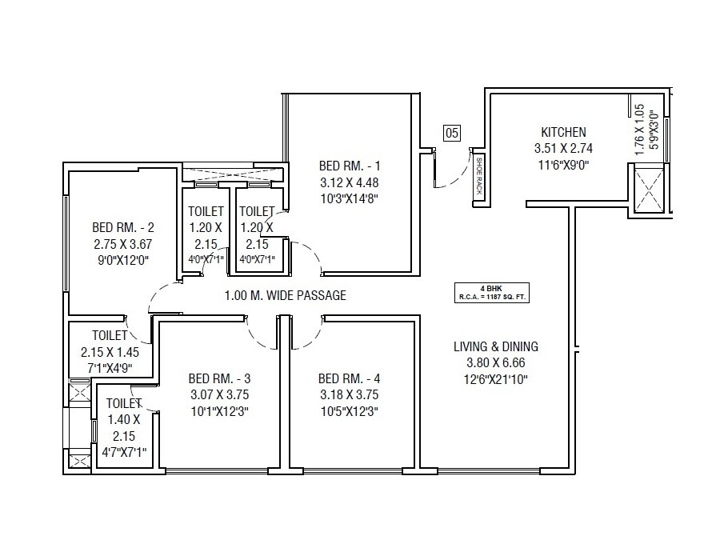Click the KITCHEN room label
tap(563, 132)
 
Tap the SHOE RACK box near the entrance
tap(478, 177)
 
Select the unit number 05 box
tap(452, 134)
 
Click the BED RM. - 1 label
tap(350, 166)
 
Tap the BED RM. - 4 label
tap(348, 378)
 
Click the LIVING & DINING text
tap(496, 346)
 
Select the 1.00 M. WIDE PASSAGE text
tap(286, 295)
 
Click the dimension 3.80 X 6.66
tap(496, 362)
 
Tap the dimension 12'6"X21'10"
tap(496, 379)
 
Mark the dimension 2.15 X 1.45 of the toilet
tap(110, 352)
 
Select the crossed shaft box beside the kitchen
tap(648, 189)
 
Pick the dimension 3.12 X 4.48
tap(350, 183)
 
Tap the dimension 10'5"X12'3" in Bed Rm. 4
tap(348, 412)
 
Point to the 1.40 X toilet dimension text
tap(124, 419)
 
